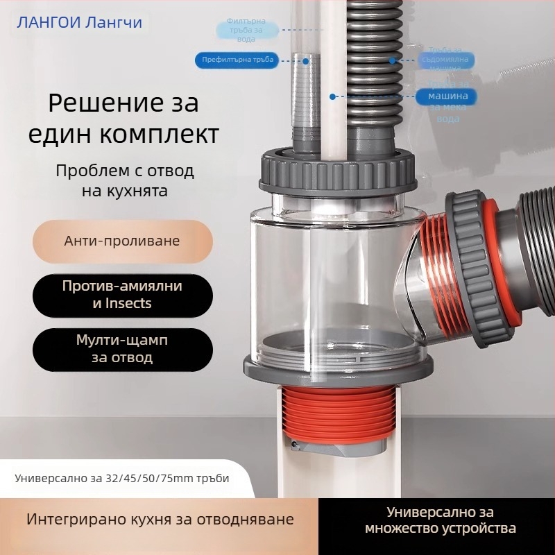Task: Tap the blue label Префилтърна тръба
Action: coord(237,61)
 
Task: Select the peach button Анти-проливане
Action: coord(122,241)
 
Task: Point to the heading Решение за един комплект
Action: coord(123,118)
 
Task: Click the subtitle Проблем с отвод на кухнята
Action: coord(125,180)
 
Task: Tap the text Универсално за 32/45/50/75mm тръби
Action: coord(122,479)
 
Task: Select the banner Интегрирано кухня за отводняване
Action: coord(160,520)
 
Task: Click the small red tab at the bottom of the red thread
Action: coord(294,443)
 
